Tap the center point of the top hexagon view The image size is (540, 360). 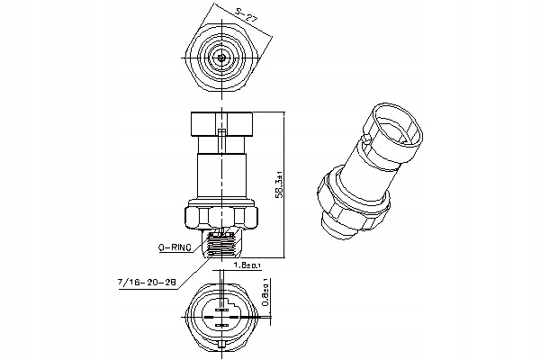(x=221, y=57)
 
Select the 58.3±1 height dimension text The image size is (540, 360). (x=279, y=184)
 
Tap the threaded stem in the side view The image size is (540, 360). (x=221, y=240)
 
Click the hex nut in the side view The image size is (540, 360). (x=221, y=216)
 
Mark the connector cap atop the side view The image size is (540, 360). (x=221, y=123)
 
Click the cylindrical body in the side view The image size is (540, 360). (x=221, y=171)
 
